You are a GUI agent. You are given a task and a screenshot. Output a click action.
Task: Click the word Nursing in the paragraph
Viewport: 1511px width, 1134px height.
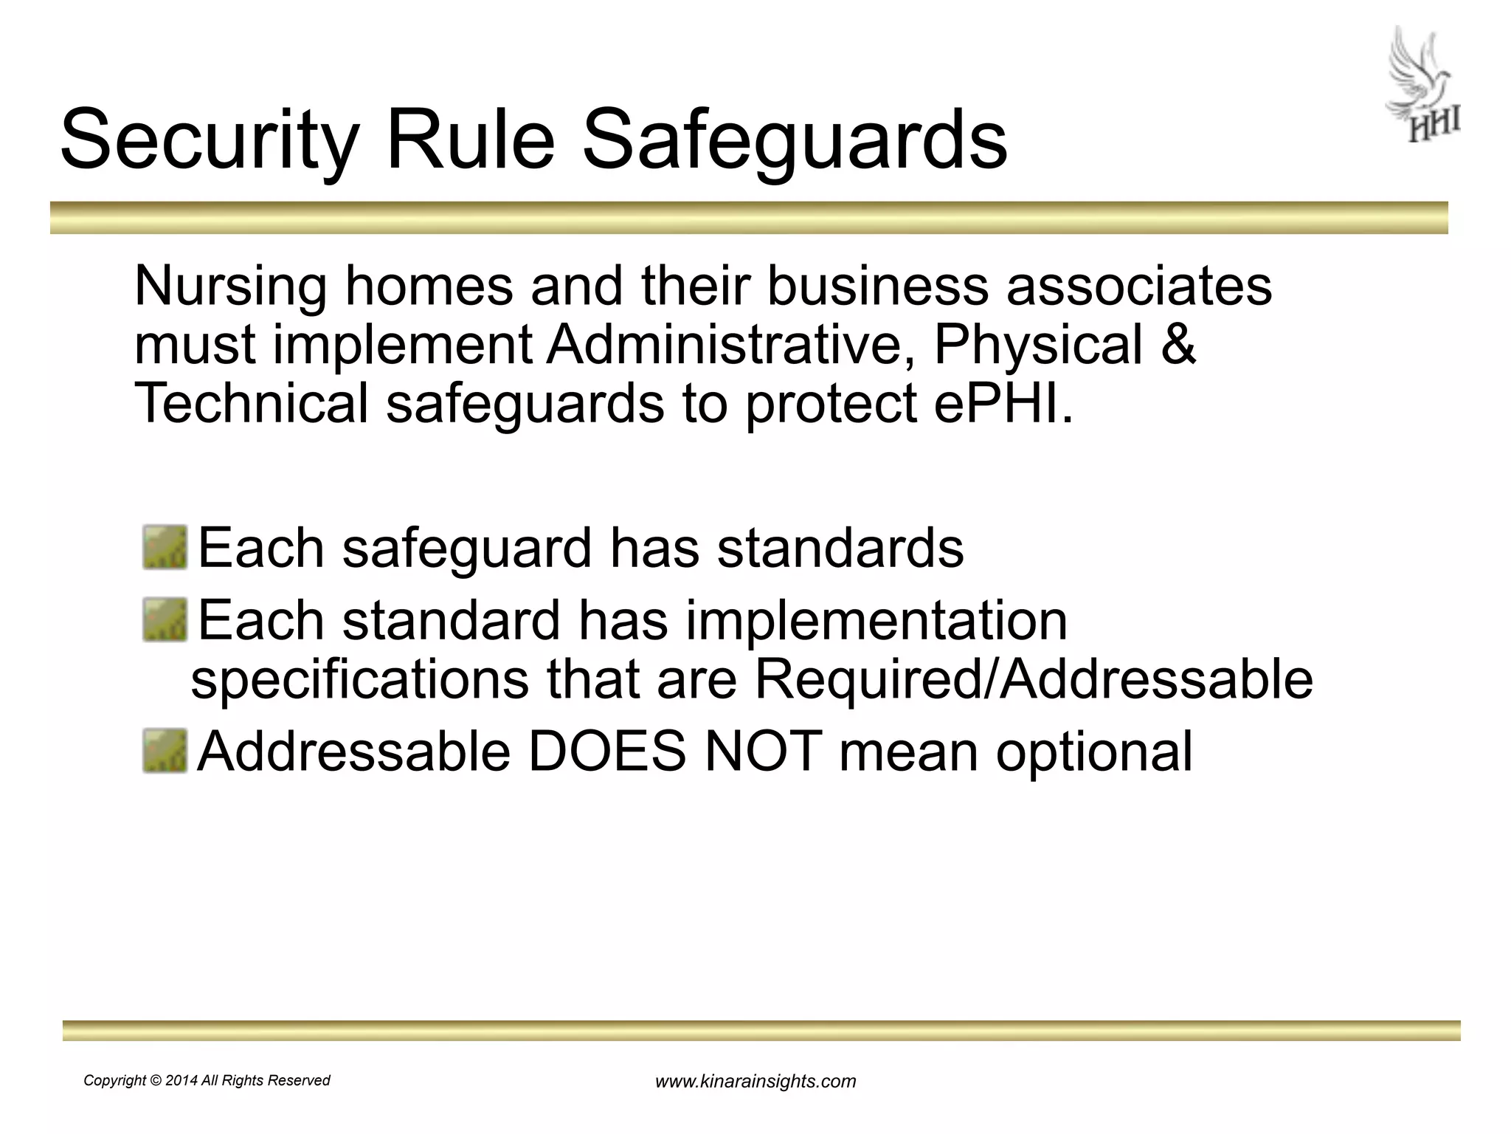pyautogui.click(x=230, y=288)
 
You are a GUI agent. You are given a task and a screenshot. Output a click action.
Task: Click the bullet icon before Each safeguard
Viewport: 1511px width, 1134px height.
pyautogui.click(x=165, y=548)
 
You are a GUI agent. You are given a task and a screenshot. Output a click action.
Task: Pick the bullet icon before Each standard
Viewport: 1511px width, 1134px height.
pyautogui.click(x=165, y=620)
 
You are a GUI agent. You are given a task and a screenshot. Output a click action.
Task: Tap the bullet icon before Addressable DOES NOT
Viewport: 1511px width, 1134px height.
pyautogui.click(x=165, y=752)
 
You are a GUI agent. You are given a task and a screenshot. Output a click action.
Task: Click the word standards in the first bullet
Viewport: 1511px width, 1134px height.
pyautogui.click(x=840, y=548)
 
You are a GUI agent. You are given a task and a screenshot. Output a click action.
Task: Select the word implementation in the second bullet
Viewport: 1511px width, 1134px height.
pyautogui.click(x=876, y=620)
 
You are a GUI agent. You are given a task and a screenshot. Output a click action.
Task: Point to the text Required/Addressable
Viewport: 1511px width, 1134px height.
pyautogui.click(x=1033, y=679)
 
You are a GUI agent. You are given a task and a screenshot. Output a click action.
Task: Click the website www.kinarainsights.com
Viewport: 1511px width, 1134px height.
pyautogui.click(x=755, y=1082)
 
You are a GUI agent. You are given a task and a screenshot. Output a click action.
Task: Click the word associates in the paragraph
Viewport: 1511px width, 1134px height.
pyautogui.click(x=1139, y=288)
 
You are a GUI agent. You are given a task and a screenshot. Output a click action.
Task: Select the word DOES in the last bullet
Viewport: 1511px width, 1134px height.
pyautogui.click(x=606, y=752)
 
